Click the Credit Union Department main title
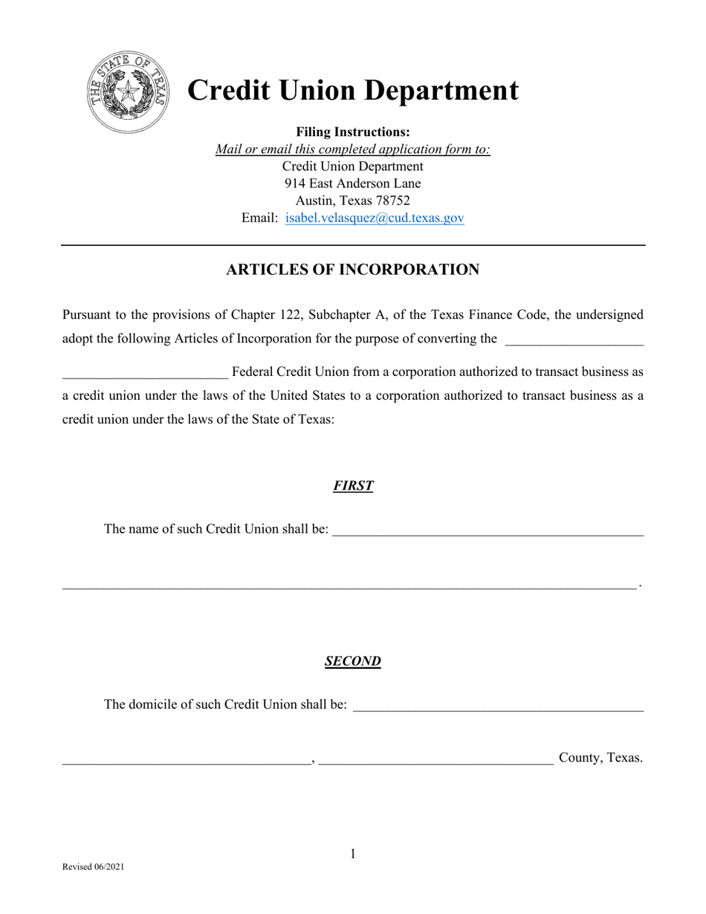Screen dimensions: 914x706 point(352,90)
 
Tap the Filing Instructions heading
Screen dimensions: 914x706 point(353,132)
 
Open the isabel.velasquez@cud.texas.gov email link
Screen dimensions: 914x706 point(375,218)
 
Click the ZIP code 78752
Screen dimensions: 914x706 point(392,201)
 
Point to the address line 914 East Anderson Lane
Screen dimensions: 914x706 point(353,184)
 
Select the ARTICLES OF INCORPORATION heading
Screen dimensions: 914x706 point(352,270)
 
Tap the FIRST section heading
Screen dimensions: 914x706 point(353,486)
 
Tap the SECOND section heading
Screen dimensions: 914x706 point(353,661)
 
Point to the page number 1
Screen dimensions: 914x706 point(353,855)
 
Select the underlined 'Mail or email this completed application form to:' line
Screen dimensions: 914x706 point(353,149)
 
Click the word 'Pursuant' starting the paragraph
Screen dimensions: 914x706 point(87,314)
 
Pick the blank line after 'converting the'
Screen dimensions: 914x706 point(574,343)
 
